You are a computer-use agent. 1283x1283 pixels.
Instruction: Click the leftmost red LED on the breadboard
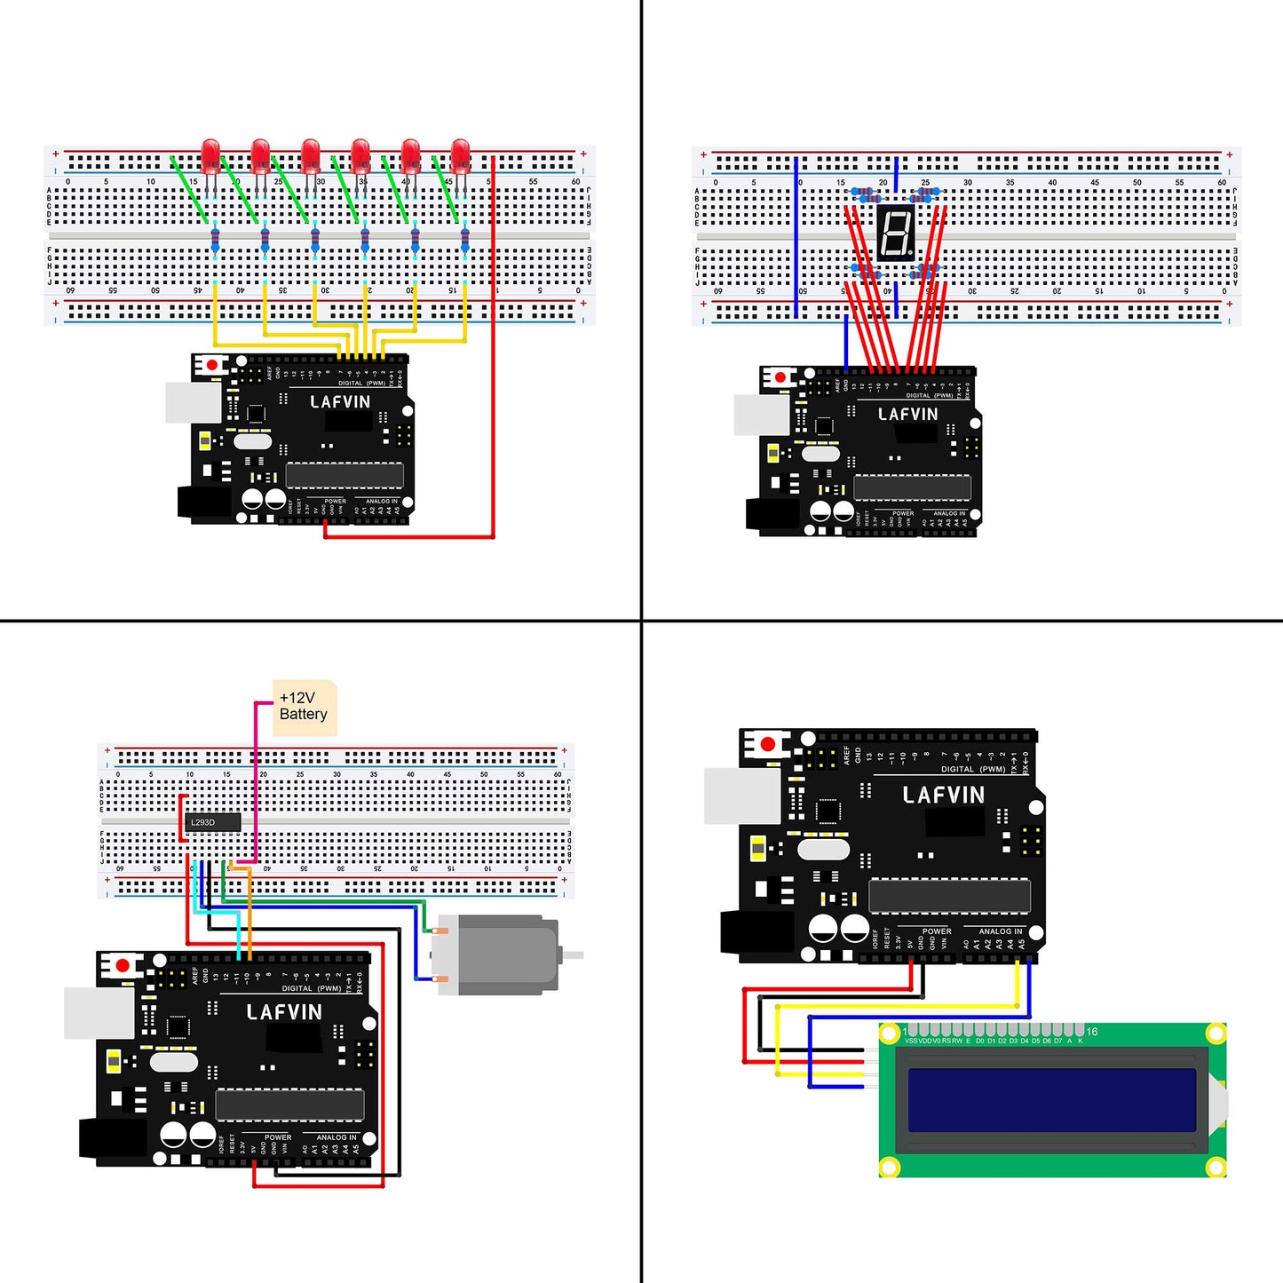210,156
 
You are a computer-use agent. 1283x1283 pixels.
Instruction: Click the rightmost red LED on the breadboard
460,156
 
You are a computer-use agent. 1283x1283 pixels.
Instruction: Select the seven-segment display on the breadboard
895,233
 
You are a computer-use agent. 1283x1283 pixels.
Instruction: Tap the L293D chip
213,822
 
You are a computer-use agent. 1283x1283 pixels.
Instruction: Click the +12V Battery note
304,707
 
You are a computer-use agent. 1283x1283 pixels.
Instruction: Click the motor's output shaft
573,955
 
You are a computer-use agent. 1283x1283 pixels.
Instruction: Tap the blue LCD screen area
1051,1100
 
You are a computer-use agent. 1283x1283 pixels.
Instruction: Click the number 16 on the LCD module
1091,1032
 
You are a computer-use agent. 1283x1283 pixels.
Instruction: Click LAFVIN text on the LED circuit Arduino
340,402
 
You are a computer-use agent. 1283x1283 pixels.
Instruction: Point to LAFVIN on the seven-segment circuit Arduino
907,415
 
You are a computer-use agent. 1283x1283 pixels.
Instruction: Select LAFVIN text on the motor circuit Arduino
284,1012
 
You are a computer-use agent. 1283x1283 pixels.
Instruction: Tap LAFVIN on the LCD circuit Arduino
943,796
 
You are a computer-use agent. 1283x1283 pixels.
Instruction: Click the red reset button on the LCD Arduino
768,744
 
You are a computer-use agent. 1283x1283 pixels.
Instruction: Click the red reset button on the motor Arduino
123,965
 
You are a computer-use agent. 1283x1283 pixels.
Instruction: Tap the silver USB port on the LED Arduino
193,403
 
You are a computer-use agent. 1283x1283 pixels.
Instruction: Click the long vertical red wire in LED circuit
493,355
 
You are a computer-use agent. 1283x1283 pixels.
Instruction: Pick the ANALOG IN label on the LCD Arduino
1000,931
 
